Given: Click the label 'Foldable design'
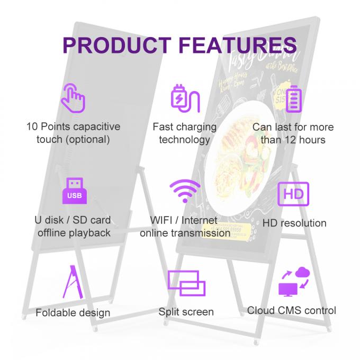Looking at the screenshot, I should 73,312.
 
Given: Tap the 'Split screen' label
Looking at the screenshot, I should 186,312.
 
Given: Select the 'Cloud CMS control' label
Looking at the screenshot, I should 292,310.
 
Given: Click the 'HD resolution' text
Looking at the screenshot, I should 294,223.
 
